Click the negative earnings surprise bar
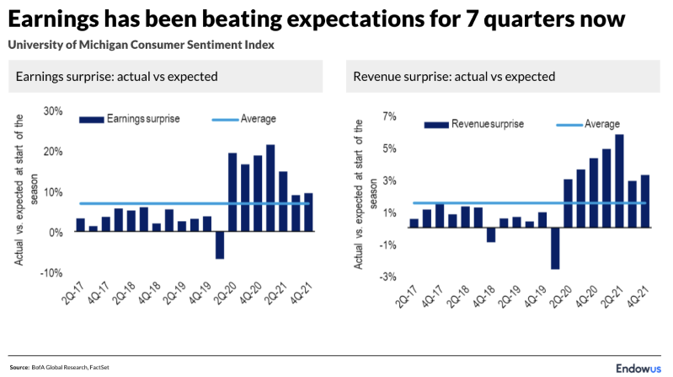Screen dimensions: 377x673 220,245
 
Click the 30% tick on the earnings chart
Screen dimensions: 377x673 53,111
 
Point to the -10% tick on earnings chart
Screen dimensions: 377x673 51,273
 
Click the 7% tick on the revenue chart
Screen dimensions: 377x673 389,116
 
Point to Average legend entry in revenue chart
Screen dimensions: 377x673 601,124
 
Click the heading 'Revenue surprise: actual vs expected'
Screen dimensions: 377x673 454,76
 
